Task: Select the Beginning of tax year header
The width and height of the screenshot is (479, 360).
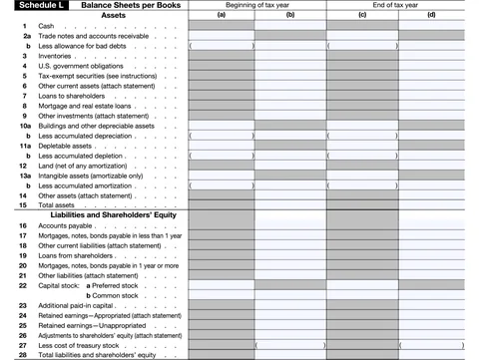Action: point(257,6)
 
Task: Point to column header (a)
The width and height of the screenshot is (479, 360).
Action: point(223,16)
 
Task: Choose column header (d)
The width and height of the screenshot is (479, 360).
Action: point(431,16)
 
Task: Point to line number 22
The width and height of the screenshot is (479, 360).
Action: point(22,285)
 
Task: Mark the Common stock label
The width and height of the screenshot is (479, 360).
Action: point(117,295)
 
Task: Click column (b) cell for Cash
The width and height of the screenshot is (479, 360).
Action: point(290,25)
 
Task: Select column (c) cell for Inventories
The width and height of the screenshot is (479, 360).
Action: point(361,55)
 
